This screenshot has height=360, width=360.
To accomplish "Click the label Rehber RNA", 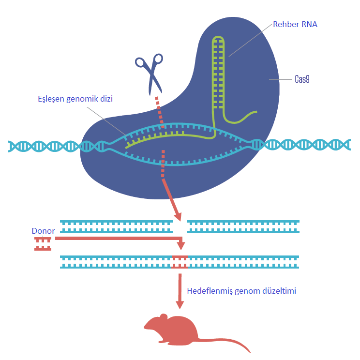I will click(x=295, y=24).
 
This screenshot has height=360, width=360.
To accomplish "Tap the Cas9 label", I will click(x=302, y=79).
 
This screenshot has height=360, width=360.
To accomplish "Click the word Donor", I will click(x=43, y=231).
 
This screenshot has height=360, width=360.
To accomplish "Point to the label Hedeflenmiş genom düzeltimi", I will click(x=241, y=291).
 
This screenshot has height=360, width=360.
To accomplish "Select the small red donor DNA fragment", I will click(x=43, y=244).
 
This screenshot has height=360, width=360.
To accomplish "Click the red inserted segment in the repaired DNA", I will click(x=180, y=262).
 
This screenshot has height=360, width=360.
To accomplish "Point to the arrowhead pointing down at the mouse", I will click(x=180, y=304).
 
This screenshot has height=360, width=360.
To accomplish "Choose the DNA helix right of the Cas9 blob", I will click(x=305, y=144).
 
